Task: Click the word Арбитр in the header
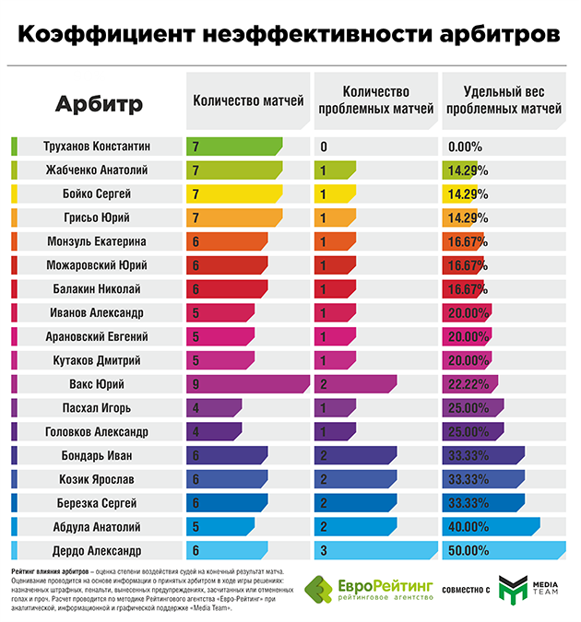(x=99, y=104)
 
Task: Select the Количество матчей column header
(x=247, y=101)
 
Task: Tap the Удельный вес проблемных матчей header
(x=502, y=100)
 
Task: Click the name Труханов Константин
(x=97, y=146)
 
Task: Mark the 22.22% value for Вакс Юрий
(x=470, y=384)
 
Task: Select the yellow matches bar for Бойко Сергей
(x=234, y=194)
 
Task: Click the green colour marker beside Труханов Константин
(x=15, y=146)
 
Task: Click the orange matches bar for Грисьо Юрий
(x=234, y=217)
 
